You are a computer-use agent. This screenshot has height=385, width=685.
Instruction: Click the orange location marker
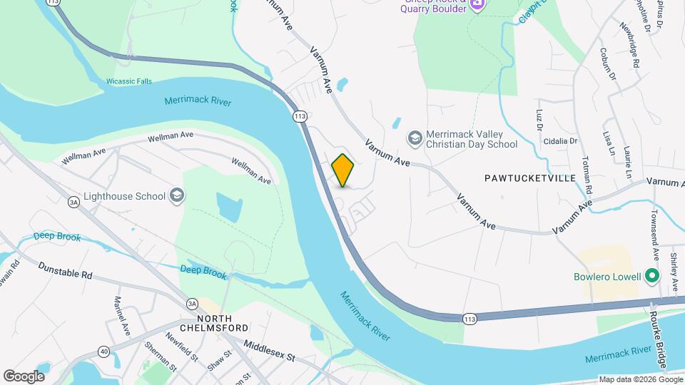(343, 170)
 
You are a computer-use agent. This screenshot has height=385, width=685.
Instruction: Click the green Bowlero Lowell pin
(651, 275)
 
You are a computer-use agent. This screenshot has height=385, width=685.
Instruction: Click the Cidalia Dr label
(561, 141)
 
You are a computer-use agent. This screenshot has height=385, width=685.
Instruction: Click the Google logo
(24, 376)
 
